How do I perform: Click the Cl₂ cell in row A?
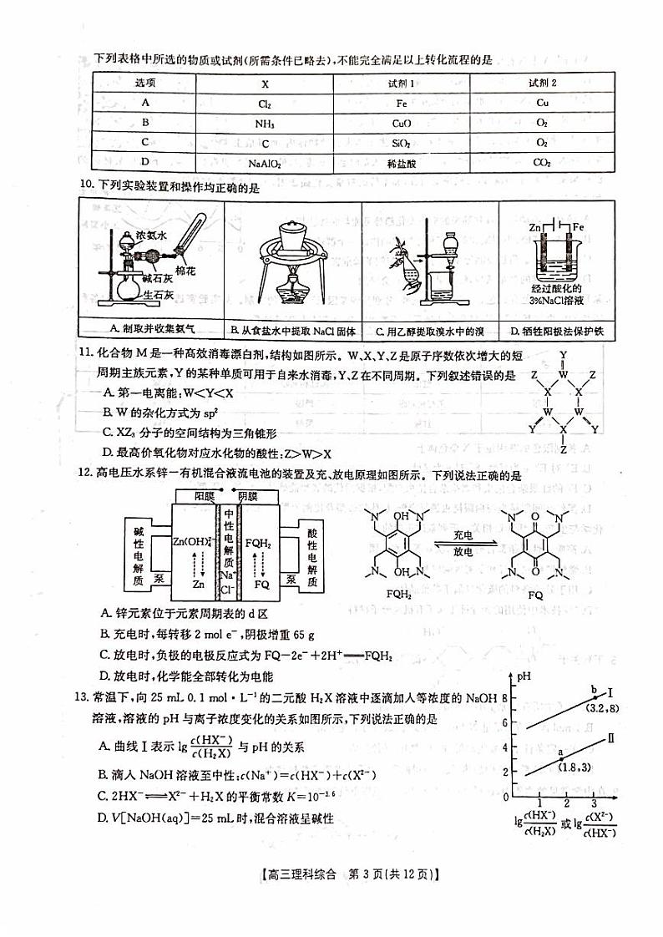(x=265, y=104)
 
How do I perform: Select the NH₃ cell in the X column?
(x=265, y=124)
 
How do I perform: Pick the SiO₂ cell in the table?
(x=401, y=144)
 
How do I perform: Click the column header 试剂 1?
(x=401, y=84)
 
